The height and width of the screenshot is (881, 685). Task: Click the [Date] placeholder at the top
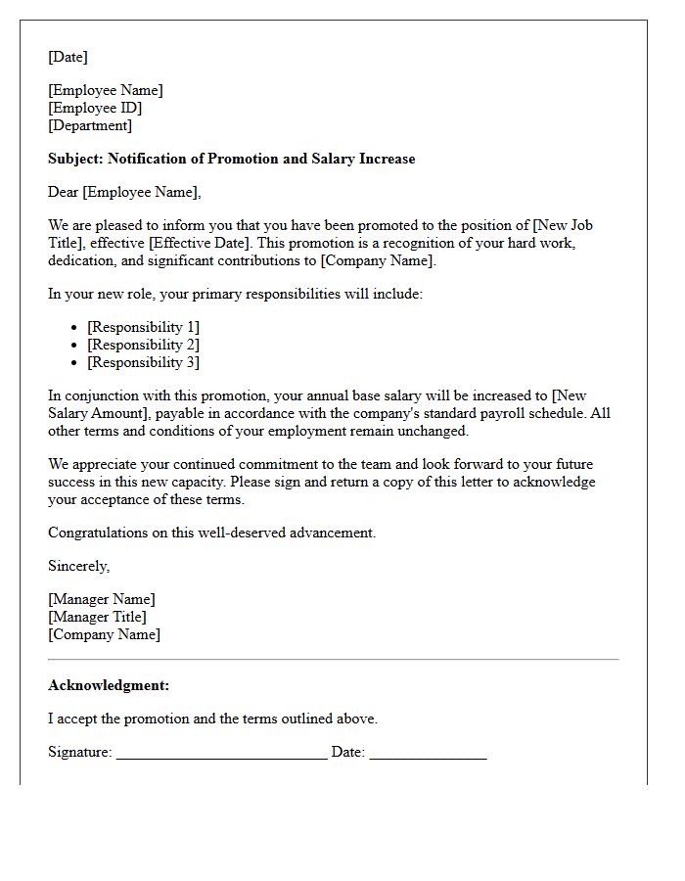coord(68,57)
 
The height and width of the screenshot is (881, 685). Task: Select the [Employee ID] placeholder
coord(95,108)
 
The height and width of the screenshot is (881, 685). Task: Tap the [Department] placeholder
coord(90,125)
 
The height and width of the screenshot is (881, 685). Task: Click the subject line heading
coord(231,159)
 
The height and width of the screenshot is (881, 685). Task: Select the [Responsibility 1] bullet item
coord(143,327)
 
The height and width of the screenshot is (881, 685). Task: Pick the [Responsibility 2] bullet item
coord(143,345)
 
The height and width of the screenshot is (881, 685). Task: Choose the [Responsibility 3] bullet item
coord(143,362)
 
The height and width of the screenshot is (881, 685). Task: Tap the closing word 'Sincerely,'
coord(78,566)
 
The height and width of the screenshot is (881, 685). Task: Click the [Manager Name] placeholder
coord(102,599)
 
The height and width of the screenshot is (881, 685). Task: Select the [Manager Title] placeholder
coord(97,617)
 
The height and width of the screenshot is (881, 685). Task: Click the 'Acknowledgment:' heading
coord(109,685)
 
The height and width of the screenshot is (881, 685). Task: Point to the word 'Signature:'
coord(80,752)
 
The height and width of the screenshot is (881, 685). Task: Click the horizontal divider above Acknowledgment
coord(333,660)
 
